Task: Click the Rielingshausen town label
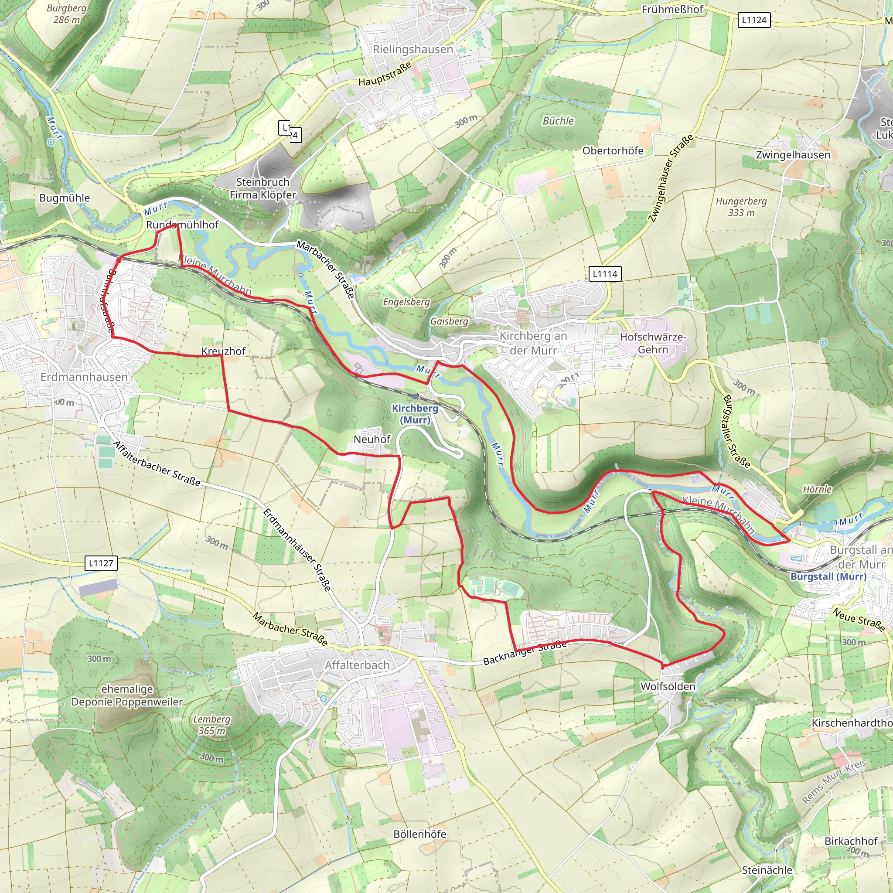(413, 49)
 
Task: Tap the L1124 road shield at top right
(754, 20)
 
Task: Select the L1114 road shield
(605, 274)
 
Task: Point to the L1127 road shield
(101, 563)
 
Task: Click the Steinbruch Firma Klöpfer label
(262, 188)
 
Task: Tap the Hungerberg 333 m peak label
(741, 207)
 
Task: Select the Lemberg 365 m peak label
(211, 725)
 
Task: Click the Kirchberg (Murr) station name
(415, 414)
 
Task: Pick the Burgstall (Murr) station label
(828, 576)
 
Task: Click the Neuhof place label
(372, 439)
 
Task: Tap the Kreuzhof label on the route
(223, 351)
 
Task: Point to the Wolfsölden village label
(668, 686)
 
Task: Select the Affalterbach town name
(357, 665)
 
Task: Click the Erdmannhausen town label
(84, 377)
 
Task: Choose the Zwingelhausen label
(793, 155)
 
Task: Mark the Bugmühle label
(65, 198)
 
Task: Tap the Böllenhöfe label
(420, 834)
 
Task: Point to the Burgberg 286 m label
(67, 14)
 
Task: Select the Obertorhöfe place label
(613, 151)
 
